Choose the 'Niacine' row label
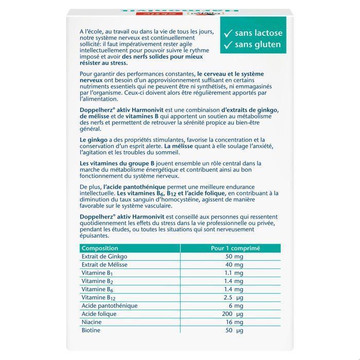tap(92, 322)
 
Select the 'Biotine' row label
tap(91, 330)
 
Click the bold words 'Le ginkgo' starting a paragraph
tap(93, 139)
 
